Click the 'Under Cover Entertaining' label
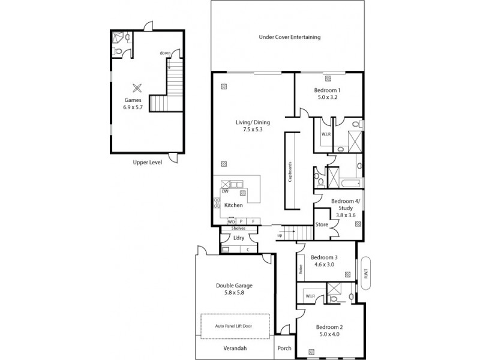[290, 37]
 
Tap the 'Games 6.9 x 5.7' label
[133, 103]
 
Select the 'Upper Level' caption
[146, 163]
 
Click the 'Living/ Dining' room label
[248, 125]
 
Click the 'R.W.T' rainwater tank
[365, 273]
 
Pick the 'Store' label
[322, 225]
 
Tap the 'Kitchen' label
[233, 205]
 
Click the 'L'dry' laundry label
[239, 238]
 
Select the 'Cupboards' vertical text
[290, 171]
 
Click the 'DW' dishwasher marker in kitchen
[224, 191]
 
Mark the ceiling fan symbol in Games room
[137, 86]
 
